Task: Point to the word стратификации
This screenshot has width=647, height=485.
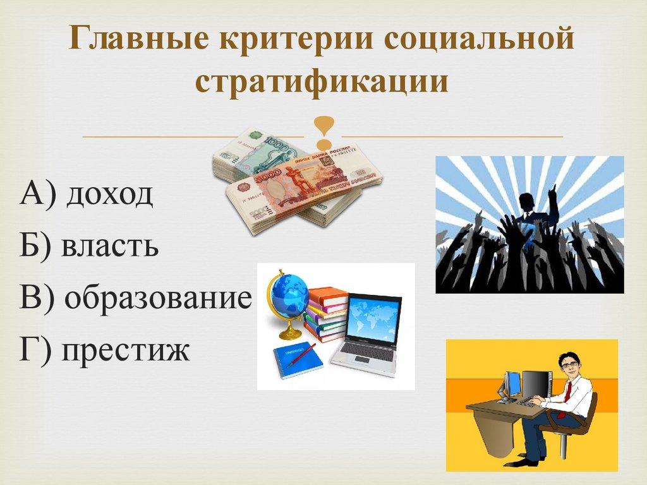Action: tap(323, 83)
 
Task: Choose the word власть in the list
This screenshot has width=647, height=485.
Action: tap(109, 246)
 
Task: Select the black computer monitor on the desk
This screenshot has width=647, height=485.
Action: tap(536, 384)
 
